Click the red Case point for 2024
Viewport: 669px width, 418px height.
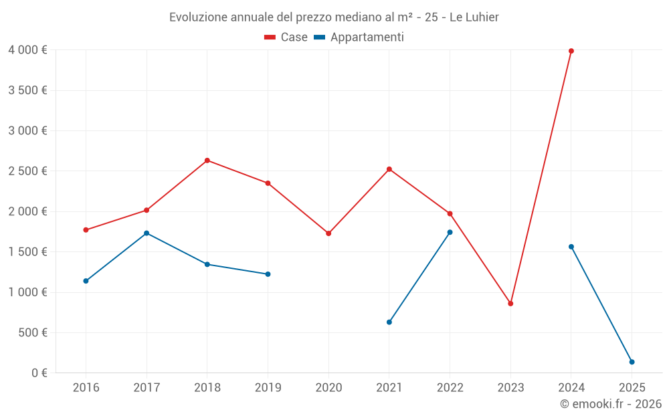[x=571, y=51]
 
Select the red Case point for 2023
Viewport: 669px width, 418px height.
[x=510, y=304]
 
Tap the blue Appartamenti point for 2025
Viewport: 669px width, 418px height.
[x=632, y=362]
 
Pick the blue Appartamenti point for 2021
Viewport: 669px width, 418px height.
[x=389, y=322]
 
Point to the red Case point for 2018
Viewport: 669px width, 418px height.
[x=207, y=161]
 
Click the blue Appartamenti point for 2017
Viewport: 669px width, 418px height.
[x=147, y=233]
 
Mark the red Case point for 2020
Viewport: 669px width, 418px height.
[x=328, y=233]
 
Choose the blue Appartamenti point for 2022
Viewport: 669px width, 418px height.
[x=450, y=232]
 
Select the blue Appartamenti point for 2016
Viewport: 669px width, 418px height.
[x=86, y=281]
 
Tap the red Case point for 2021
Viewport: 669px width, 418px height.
[x=389, y=169]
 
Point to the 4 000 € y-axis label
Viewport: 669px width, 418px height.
[x=27, y=50]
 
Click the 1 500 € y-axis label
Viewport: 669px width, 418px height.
[x=27, y=252]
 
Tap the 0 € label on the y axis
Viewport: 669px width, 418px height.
[x=37, y=373]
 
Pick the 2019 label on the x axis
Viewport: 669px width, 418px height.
[x=268, y=387]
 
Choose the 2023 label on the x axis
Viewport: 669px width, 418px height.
[x=510, y=387]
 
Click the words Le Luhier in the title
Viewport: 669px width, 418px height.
[x=474, y=17]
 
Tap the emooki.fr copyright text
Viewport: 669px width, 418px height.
[x=611, y=404]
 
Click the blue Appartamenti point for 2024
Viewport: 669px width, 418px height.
[x=571, y=247]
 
